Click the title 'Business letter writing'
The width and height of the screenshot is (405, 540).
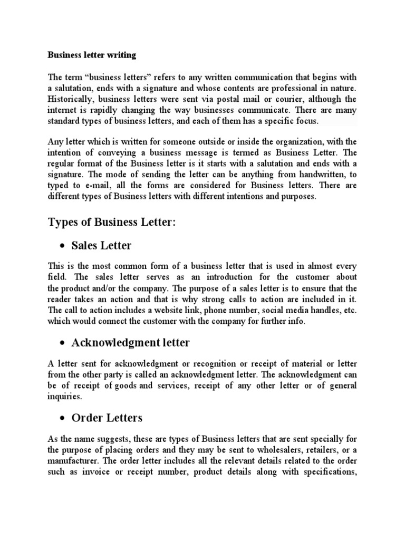coord(92,54)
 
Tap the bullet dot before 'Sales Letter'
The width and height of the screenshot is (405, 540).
coord(62,246)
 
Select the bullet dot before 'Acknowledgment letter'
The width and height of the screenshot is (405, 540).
coord(62,343)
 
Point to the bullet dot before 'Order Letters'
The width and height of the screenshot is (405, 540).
coord(62,418)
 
